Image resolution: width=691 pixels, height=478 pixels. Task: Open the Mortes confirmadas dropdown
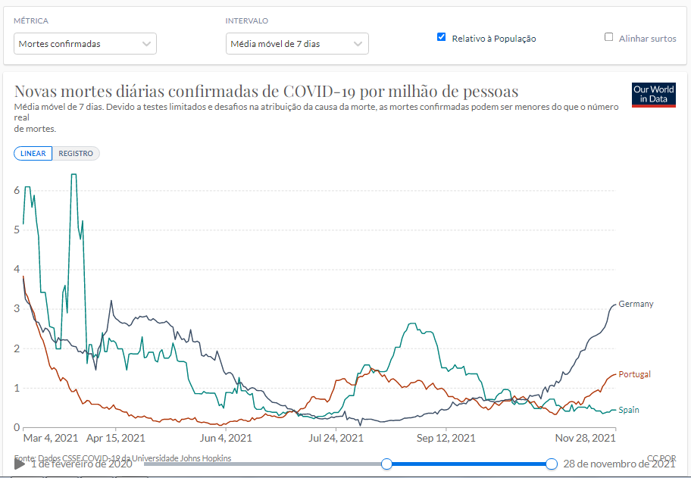(86, 44)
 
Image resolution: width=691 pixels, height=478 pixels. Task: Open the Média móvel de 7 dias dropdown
(297, 44)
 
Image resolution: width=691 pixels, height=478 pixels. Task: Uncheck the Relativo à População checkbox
(442, 37)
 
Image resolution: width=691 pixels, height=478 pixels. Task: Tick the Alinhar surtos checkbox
(608, 37)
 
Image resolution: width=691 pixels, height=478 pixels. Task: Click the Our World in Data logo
(653, 95)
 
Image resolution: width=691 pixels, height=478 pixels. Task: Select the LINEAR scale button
(33, 154)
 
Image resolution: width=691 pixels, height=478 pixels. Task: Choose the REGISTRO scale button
(76, 154)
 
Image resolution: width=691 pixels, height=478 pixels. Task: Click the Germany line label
(636, 304)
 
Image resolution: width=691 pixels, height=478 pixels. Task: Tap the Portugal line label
(634, 374)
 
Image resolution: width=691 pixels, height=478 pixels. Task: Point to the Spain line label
(629, 410)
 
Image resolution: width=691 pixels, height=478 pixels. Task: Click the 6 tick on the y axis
(17, 190)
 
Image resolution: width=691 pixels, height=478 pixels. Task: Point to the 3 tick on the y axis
(17, 309)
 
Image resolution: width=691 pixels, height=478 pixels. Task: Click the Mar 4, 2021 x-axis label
(51, 438)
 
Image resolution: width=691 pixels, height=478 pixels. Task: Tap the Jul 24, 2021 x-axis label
(336, 438)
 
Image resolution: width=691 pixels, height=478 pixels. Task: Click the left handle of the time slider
(386, 464)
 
